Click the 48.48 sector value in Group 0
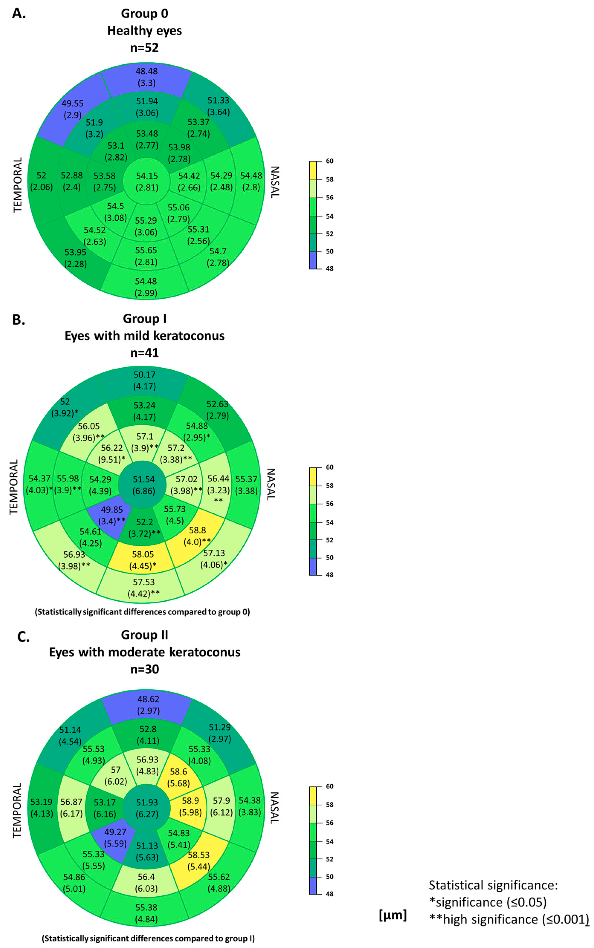(146, 76)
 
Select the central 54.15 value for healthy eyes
(146, 181)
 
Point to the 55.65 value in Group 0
(146, 256)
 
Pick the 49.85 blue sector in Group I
(112, 515)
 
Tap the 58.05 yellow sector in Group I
(143, 560)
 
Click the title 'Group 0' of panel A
(145, 13)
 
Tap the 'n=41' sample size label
(145, 353)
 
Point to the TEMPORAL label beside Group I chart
(14, 487)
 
